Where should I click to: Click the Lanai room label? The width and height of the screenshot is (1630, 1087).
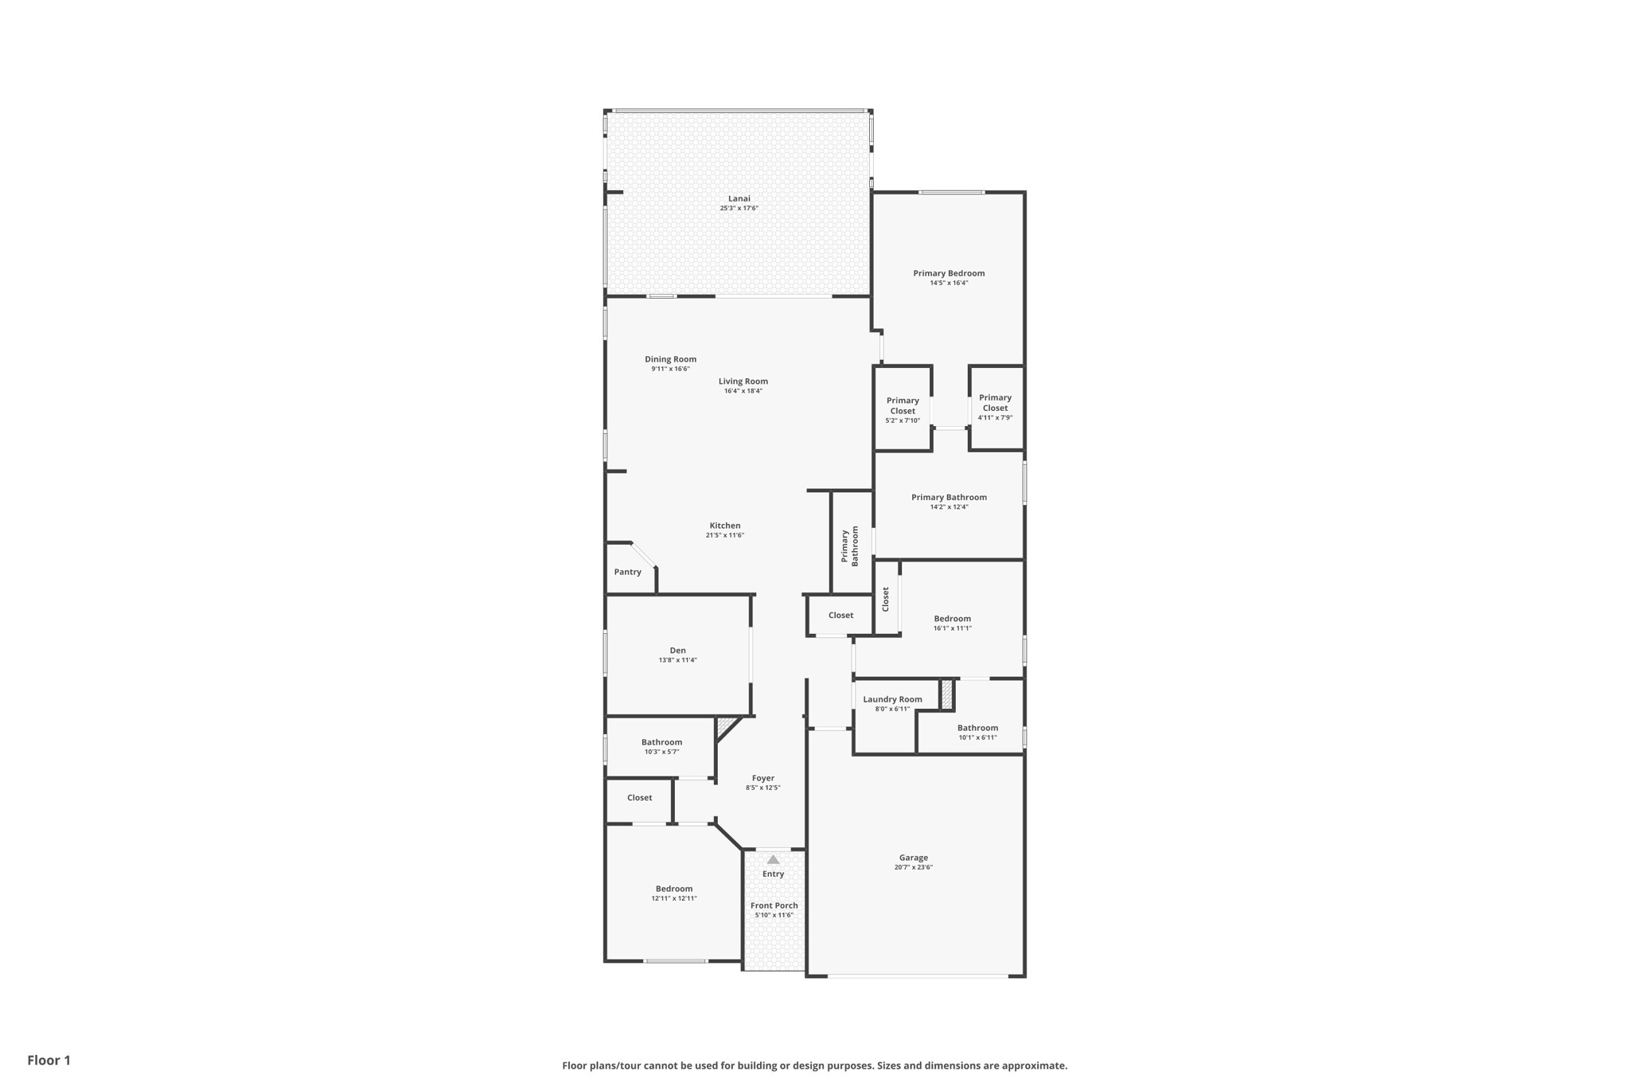pyautogui.click(x=739, y=198)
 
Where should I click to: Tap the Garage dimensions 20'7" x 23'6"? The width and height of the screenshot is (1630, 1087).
pyautogui.click(x=913, y=867)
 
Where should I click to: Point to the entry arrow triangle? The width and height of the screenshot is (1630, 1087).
pyautogui.click(x=773, y=859)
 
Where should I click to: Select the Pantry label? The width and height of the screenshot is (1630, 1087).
pyautogui.click(x=627, y=572)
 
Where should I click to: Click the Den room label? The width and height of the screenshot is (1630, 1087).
pyautogui.click(x=677, y=651)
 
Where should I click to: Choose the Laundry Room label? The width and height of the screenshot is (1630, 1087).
pyautogui.click(x=892, y=699)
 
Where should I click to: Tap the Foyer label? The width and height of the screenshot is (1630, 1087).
pyautogui.click(x=762, y=778)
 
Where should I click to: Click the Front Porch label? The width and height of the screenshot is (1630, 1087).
pyautogui.click(x=774, y=905)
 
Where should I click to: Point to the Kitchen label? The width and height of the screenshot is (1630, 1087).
pyautogui.click(x=724, y=526)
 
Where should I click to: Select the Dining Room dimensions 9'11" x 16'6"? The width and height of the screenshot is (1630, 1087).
pyautogui.click(x=670, y=369)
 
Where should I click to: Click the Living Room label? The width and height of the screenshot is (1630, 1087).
pyautogui.click(x=743, y=381)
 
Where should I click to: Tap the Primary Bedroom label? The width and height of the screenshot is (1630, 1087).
pyautogui.click(x=949, y=273)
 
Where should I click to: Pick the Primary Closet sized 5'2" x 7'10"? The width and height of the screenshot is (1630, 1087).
pyautogui.click(x=903, y=406)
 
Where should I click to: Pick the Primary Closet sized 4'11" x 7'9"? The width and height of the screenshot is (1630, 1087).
pyautogui.click(x=995, y=403)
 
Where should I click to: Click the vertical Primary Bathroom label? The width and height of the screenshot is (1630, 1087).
pyautogui.click(x=850, y=545)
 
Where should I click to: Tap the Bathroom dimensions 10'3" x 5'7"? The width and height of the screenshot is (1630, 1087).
pyautogui.click(x=661, y=752)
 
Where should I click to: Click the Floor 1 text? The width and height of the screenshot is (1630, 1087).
pyautogui.click(x=49, y=1060)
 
